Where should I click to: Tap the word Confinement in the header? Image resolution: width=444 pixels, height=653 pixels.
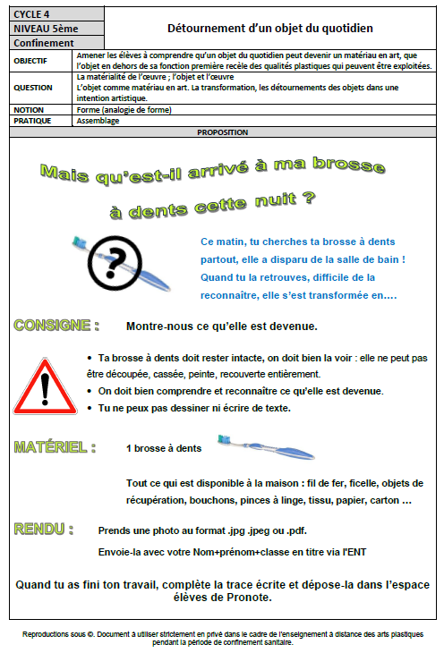coord(44,42)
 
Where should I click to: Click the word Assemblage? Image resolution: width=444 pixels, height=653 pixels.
coord(98,121)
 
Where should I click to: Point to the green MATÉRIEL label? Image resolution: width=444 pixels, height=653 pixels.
coord(55,446)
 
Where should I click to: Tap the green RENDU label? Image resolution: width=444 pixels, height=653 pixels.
coord(44,530)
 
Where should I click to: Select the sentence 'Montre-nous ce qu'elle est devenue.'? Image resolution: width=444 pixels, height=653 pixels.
coord(222,326)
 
